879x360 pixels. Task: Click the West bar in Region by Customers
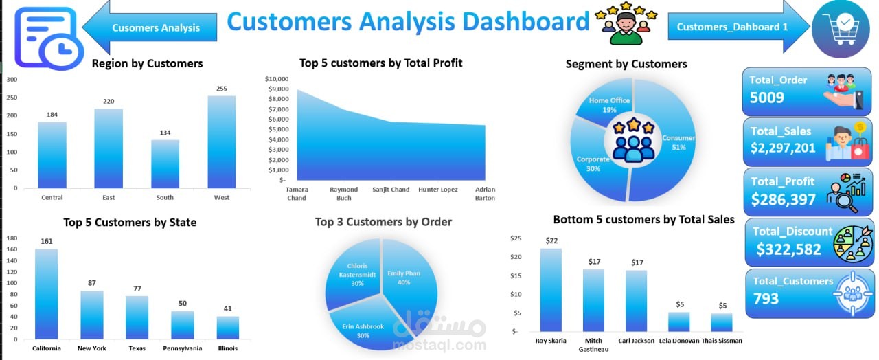click(222, 142)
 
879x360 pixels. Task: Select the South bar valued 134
click(165, 164)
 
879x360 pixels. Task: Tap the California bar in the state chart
click(46, 294)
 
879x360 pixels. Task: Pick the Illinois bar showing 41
click(227, 328)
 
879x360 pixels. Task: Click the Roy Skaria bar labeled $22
click(551, 290)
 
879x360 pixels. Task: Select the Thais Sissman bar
click(722, 322)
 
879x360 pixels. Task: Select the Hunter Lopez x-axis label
click(438, 189)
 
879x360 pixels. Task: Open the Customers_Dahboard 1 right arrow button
click(738, 27)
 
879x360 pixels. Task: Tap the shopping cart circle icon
click(841, 29)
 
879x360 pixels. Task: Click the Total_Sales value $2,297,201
click(783, 148)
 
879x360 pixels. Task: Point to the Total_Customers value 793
click(766, 299)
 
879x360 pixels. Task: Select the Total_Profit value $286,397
click(784, 199)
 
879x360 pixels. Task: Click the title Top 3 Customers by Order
click(383, 222)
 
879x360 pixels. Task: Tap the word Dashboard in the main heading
click(526, 21)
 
